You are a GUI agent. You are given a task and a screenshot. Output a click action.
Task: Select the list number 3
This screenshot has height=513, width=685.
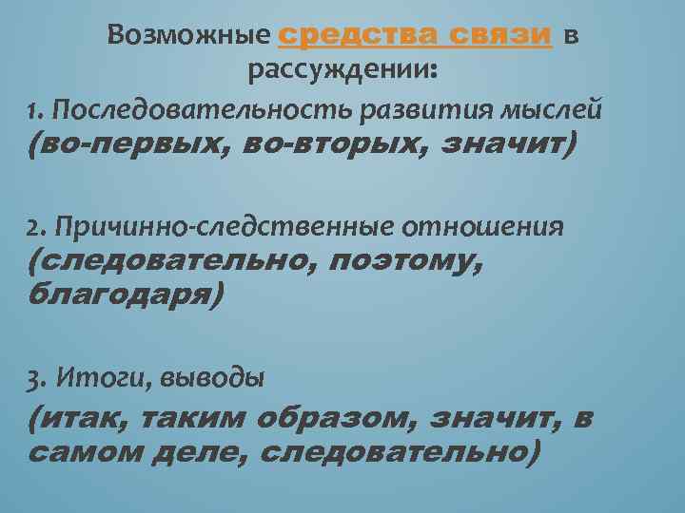(x=36, y=378)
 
